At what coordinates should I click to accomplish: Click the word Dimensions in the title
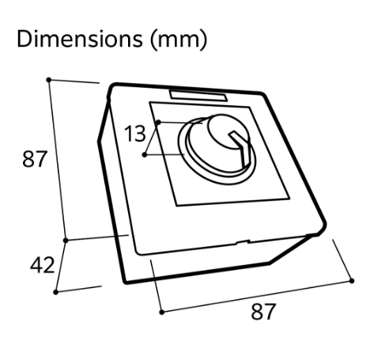(x=80, y=39)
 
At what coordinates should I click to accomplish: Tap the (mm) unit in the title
(x=179, y=40)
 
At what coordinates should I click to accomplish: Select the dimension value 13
(x=134, y=134)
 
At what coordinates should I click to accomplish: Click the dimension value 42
(x=43, y=265)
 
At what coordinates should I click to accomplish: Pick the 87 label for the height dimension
(x=35, y=158)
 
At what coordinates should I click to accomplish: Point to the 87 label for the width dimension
(x=263, y=312)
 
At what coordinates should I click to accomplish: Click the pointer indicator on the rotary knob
(x=240, y=148)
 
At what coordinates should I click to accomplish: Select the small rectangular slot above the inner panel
(x=198, y=96)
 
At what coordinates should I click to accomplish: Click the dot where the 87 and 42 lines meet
(x=66, y=241)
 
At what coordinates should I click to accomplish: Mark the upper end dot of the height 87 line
(x=48, y=80)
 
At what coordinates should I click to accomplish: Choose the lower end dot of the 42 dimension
(x=55, y=292)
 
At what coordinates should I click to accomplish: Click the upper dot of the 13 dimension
(x=158, y=122)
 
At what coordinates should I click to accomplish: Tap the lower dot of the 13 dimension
(x=145, y=155)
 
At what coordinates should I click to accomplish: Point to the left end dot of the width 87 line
(x=162, y=313)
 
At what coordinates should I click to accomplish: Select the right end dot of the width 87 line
(x=352, y=281)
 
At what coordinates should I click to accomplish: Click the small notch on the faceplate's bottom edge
(x=243, y=241)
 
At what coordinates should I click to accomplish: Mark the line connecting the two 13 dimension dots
(x=152, y=138)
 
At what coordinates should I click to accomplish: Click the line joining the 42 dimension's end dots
(x=61, y=266)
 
